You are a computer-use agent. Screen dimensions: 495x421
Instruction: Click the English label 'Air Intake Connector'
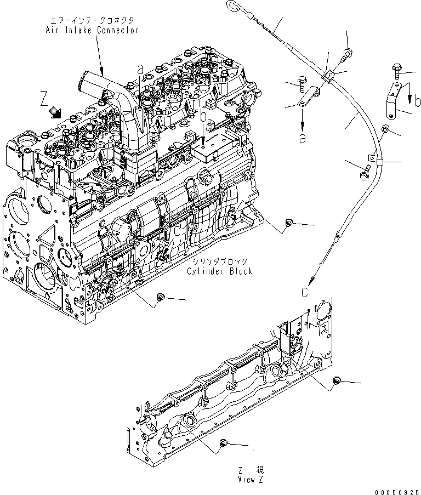coord(92,30)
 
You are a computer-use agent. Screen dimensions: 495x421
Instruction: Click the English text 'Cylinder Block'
coord(219,271)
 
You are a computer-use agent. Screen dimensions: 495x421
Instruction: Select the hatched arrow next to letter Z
coord(55,112)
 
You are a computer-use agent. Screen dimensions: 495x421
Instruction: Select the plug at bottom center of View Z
coord(223,443)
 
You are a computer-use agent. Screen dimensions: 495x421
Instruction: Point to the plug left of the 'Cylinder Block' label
coord(161,297)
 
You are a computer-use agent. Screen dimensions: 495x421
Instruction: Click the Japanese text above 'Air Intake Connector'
coord(92,20)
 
